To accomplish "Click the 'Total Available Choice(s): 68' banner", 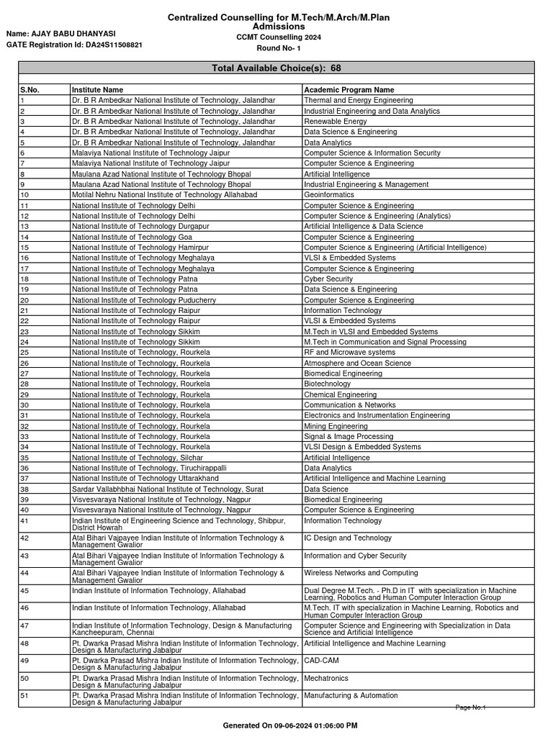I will pyautogui.click(x=276, y=68).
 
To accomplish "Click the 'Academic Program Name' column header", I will pyautogui.click(x=349, y=90).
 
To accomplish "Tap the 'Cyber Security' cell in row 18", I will pyautogui.click(x=328, y=279).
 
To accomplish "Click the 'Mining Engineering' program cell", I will pyautogui.click(x=336, y=426).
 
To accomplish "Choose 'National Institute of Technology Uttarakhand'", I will pyautogui.click(x=143, y=478).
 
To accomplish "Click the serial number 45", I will pyautogui.click(x=24, y=591).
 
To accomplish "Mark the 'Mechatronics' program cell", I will pyautogui.click(x=325, y=678).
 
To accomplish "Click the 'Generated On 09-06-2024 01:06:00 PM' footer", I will pyautogui.click(x=290, y=725).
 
